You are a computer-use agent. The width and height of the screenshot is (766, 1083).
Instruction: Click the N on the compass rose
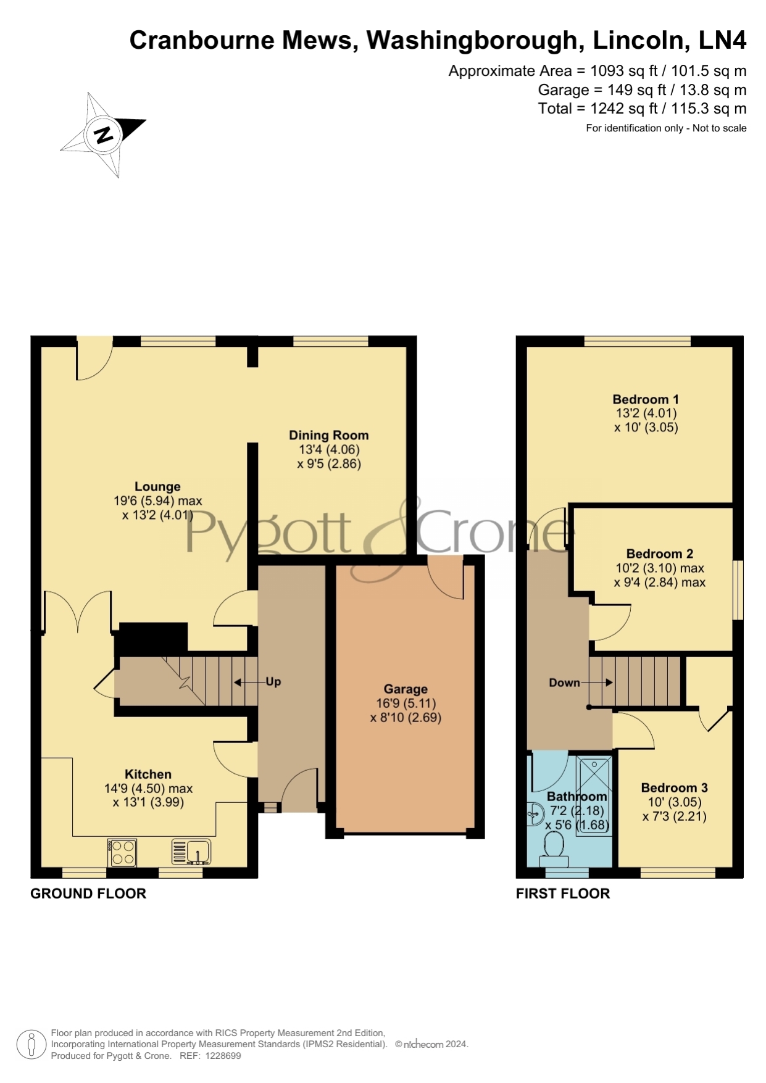(x=103, y=134)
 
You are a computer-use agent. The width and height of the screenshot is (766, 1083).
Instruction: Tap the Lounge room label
(x=157, y=487)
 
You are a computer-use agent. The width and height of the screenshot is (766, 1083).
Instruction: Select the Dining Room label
(x=329, y=436)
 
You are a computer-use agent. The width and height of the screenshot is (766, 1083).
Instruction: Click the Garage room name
(x=406, y=689)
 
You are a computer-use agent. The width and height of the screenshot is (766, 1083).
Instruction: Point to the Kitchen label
(x=148, y=774)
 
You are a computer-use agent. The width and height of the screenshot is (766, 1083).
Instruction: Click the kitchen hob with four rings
(x=122, y=852)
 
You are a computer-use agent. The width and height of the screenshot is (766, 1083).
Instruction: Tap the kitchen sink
(x=191, y=852)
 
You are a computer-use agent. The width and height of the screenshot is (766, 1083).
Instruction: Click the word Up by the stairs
(x=273, y=682)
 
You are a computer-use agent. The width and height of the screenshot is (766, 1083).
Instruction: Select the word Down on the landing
(x=564, y=683)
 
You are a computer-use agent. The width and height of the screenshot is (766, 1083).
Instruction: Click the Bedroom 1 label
(x=646, y=399)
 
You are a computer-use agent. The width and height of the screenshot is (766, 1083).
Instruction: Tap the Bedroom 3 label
(x=675, y=788)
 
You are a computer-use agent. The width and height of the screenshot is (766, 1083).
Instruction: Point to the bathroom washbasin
(x=533, y=815)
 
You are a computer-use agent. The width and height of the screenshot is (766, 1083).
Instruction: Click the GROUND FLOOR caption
(x=88, y=894)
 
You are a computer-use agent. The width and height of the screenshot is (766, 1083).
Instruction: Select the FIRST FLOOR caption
(x=563, y=894)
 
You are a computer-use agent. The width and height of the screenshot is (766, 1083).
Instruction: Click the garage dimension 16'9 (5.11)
(x=406, y=703)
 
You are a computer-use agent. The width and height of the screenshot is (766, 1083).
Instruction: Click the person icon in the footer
(x=31, y=1045)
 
